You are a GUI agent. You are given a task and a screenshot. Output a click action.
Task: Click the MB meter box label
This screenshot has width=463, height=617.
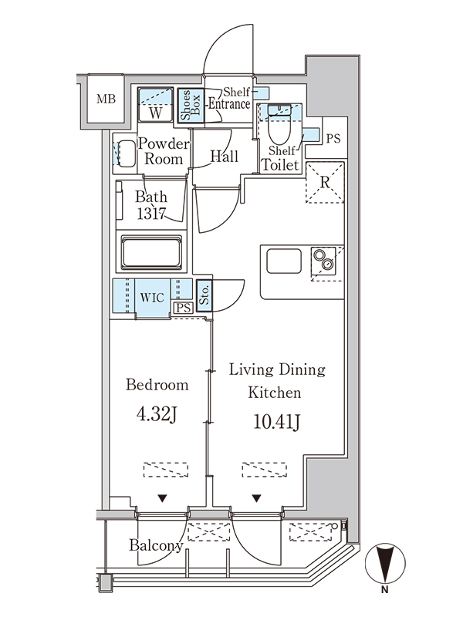(106, 99)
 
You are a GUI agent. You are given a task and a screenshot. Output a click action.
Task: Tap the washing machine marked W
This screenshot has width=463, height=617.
(156, 105)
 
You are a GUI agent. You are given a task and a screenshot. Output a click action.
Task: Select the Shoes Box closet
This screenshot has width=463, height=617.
(191, 106)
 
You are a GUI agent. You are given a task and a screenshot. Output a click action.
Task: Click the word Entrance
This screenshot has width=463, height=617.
(229, 104)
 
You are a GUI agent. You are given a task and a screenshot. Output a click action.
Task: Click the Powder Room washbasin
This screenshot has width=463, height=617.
(127, 153)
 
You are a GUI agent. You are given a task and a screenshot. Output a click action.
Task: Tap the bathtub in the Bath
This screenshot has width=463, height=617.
(151, 252)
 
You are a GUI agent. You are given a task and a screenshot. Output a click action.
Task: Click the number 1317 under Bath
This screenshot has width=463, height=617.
(150, 214)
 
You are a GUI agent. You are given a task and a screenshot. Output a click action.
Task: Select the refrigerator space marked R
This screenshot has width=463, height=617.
(325, 182)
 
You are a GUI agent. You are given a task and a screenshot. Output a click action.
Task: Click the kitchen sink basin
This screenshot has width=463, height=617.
(284, 261)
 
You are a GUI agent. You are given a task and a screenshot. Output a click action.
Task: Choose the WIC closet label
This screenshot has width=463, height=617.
(152, 297)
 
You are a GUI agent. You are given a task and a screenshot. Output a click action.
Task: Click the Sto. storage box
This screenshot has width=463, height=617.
(204, 295)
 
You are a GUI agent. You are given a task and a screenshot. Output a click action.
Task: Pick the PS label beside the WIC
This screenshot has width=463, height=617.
(183, 308)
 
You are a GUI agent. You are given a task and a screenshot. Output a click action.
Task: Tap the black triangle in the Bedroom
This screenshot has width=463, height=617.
(162, 498)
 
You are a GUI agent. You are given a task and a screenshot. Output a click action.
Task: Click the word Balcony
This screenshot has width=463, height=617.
(157, 545)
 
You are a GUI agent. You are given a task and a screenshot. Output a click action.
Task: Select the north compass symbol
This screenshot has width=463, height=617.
(385, 564)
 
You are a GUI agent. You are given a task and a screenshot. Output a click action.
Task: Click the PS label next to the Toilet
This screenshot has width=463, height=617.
(333, 139)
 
